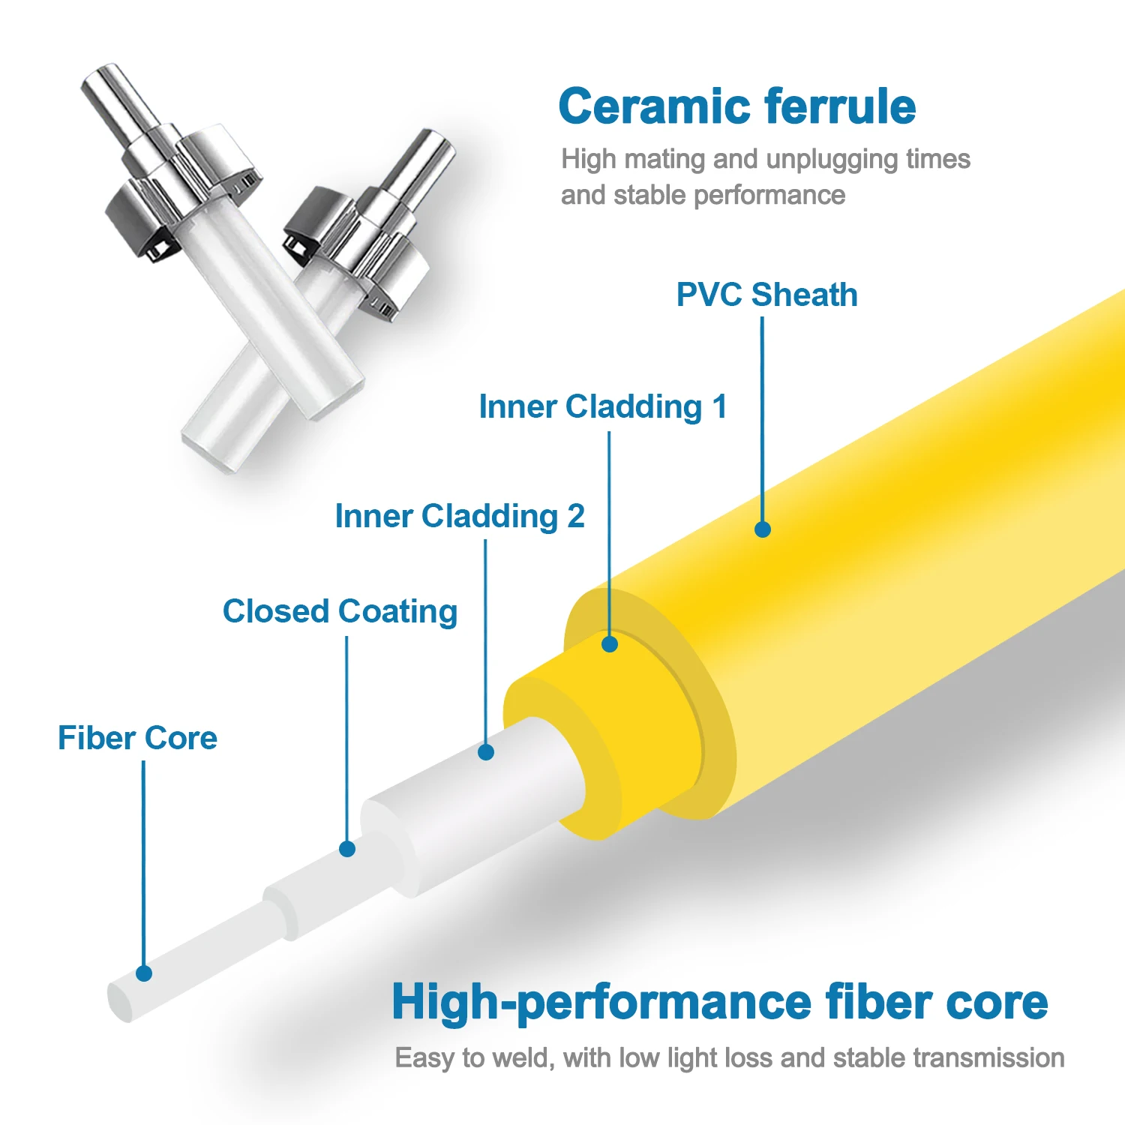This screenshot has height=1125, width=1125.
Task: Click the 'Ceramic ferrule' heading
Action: point(737,106)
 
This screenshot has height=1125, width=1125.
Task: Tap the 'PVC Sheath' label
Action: point(766,295)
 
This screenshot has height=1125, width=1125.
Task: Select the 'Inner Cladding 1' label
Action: point(603,407)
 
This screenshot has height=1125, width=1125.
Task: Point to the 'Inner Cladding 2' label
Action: point(460,516)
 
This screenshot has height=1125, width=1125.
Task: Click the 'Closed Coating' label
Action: point(340,611)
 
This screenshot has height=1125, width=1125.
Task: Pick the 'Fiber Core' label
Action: point(138,738)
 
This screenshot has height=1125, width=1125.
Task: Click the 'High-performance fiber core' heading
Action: point(720,1002)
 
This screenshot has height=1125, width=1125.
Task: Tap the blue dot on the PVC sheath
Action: point(763,529)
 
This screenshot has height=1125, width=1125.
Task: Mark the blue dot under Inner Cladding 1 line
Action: point(610,643)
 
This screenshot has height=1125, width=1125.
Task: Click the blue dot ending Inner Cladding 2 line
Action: point(486,751)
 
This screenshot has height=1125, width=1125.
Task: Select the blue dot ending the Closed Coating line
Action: point(346,849)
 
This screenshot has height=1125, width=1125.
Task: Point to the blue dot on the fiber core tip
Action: point(144,973)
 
